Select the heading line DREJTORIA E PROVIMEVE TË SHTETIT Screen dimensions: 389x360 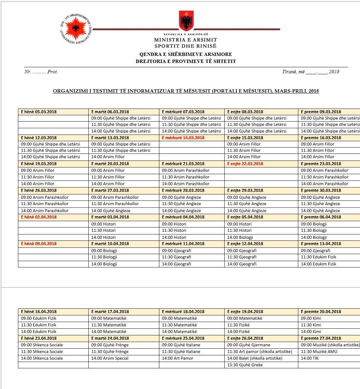click(x=186, y=61)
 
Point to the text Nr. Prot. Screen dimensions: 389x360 click(x=41, y=72)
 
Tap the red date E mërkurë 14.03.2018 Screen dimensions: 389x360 click(x=183, y=138)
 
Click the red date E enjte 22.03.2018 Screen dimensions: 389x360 click(x=245, y=164)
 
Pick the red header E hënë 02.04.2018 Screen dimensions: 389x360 click(x=39, y=217)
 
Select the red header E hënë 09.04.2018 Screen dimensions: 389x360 click(x=39, y=243)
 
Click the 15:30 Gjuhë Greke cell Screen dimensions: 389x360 click(x=245, y=365)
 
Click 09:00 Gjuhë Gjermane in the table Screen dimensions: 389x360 click(x=249, y=345)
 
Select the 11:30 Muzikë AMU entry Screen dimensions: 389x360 click(x=319, y=351)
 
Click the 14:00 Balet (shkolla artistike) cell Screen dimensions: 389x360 click(x=255, y=358)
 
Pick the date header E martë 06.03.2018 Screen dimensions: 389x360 click(x=110, y=112)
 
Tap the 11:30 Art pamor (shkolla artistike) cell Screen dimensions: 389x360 click(x=260, y=351)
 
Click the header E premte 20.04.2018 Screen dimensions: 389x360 click(x=321, y=311)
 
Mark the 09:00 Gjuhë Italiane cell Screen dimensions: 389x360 click(x=181, y=345)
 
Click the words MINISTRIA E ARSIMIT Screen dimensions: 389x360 click(x=185, y=40)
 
